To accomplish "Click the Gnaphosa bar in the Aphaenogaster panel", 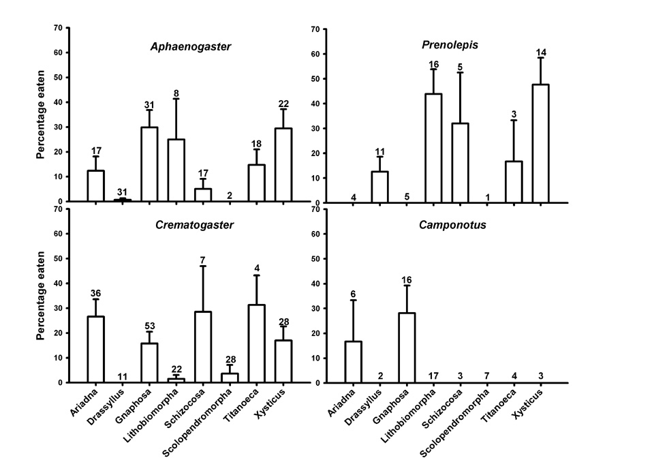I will [x=149, y=164].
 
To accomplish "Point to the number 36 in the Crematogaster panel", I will [x=96, y=294].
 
